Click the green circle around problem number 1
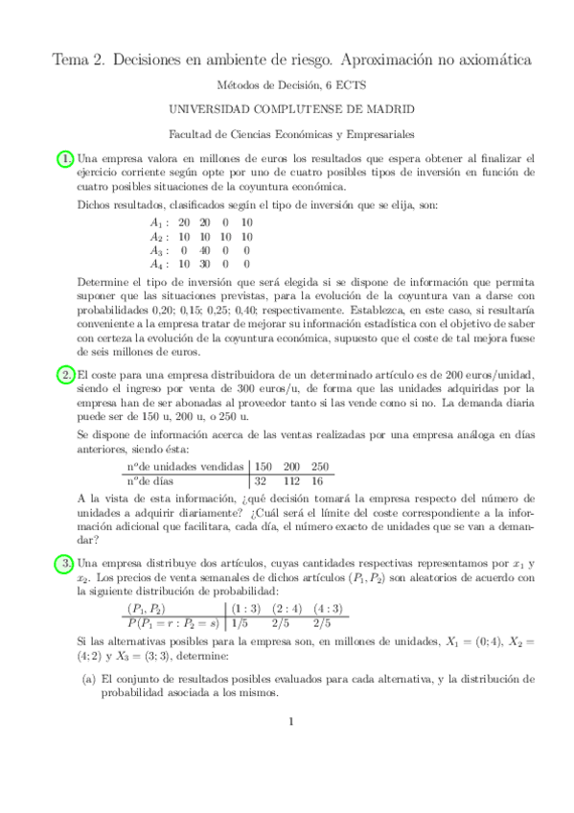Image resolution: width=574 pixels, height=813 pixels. (x=66, y=158)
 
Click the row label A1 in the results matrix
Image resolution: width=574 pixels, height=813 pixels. (x=157, y=222)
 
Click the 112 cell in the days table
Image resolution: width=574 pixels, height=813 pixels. (x=292, y=481)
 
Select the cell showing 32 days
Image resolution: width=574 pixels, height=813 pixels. (x=260, y=481)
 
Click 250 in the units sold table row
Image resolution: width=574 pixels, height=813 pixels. (x=320, y=466)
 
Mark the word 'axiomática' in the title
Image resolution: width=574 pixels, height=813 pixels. (x=485, y=59)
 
